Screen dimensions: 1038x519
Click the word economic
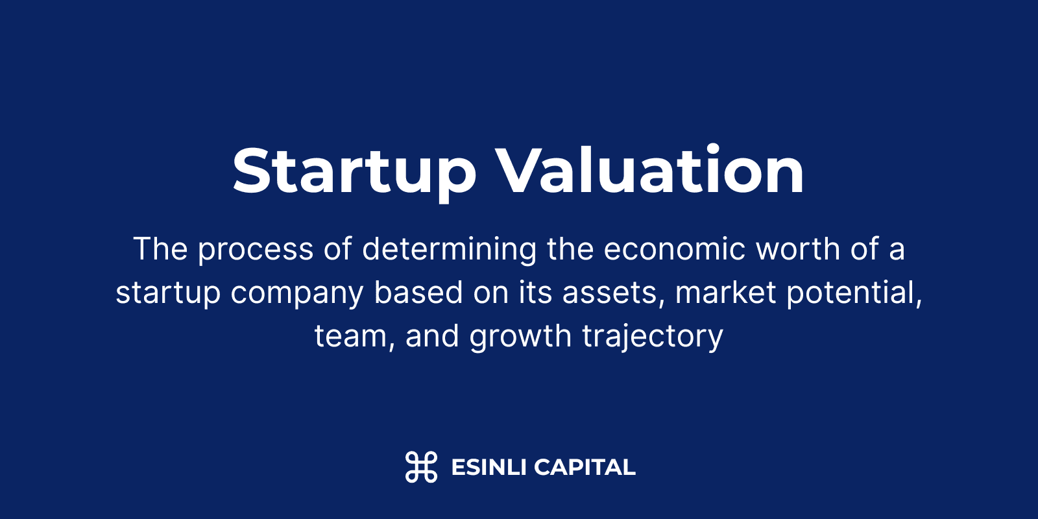[x=674, y=249]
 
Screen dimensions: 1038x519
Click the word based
[x=418, y=292]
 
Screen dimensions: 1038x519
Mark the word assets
[x=614, y=293]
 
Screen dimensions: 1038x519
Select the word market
[x=726, y=292]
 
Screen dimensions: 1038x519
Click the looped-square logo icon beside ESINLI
[x=421, y=466]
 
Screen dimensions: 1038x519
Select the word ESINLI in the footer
[x=489, y=467]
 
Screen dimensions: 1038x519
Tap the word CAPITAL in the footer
[x=585, y=467]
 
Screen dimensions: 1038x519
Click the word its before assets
[x=535, y=293]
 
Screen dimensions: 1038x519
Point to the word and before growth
[x=432, y=335]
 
